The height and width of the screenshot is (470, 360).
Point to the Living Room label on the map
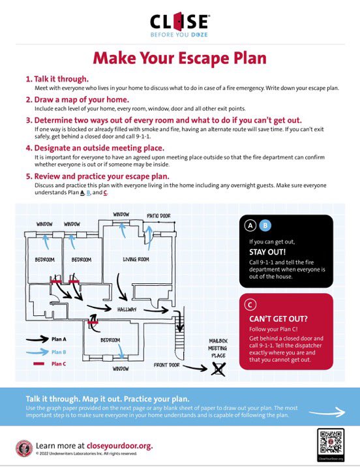tap(136, 260)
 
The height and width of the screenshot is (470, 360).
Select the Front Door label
tap(168, 366)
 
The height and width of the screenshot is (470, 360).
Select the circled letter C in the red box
tap(250, 304)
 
